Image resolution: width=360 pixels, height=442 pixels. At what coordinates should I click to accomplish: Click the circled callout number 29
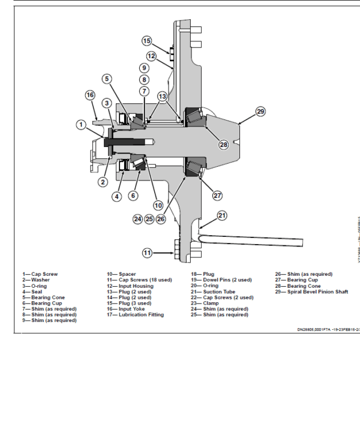coord(260,112)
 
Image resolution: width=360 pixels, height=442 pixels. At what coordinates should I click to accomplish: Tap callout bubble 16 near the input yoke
coord(90,95)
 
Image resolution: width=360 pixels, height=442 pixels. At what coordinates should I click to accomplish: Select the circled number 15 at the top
coord(147,41)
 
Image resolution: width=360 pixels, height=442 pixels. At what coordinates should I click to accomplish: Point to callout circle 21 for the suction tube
coord(222,215)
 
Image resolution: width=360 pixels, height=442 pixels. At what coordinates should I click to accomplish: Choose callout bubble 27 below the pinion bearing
coord(218,195)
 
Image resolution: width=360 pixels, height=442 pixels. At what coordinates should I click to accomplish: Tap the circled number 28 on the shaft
coord(223,145)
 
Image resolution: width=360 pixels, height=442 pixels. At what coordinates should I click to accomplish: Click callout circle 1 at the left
coord(81,124)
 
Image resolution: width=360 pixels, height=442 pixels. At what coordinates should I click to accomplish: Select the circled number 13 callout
coord(162,96)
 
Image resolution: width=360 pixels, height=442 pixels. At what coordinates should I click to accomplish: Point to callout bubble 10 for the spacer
coord(158,205)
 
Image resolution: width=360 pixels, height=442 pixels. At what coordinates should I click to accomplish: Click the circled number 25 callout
coord(149,219)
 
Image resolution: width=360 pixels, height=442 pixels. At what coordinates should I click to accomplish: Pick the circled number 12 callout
coord(151,56)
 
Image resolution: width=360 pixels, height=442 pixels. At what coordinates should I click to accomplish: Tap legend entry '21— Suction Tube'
coord(210,291)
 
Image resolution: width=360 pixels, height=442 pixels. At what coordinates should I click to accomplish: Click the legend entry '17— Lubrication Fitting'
coord(137,314)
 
